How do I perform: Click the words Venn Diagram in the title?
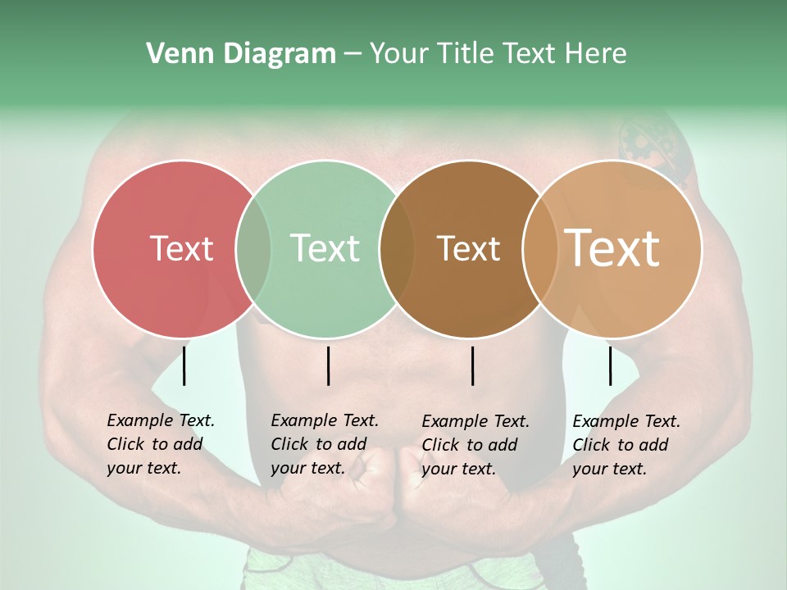pyautogui.click(x=241, y=54)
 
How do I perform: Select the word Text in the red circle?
pyautogui.click(x=182, y=249)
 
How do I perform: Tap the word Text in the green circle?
pyautogui.click(x=325, y=249)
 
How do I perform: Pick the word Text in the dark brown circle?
pyautogui.click(x=468, y=249)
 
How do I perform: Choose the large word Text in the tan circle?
pyautogui.click(x=612, y=248)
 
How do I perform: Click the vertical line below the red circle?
pyautogui.click(x=184, y=365)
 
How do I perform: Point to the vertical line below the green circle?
pyautogui.click(x=328, y=365)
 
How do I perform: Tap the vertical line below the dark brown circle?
pyautogui.click(x=473, y=365)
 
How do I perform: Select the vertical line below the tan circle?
pyautogui.click(x=610, y=365)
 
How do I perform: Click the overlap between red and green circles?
pyautogui.click(x=253, y=249)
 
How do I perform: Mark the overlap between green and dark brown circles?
pyautogui.click(x=397, y=249)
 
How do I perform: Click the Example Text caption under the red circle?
pyautogui.click(x=161, y=444)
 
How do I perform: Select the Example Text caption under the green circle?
pyautogui.click(x=325, y=444)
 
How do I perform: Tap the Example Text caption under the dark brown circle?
pyautogui.click(x=475, y=445)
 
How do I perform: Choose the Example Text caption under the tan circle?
pyautogui.click(x=626, y=445)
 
